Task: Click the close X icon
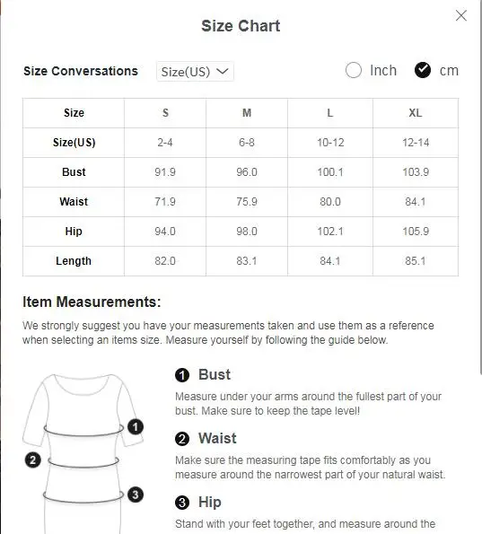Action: click(461, 15)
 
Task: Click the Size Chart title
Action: click(241, 26)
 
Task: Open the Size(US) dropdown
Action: click(195, 72)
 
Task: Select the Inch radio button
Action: click(354, 70)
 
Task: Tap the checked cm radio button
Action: click(423, 70)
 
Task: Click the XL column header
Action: click(416, 113)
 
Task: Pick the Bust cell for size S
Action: click(165, 172)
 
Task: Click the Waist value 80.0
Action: click(329, 202)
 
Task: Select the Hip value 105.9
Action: click(416, 232)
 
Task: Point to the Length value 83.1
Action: click(247, 261)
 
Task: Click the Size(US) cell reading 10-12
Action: click(329, 143)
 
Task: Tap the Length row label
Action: click(74, 261)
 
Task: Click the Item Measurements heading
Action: click(92, 302)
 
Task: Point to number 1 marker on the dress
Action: click(136, 427)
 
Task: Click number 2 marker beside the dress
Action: click(33, 460)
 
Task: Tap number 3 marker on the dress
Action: click(135, 494)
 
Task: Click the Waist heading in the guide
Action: click(217, 438)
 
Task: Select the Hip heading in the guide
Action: click(209, 502)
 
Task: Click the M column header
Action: click(247, 113)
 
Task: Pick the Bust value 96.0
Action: click(247, 172)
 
